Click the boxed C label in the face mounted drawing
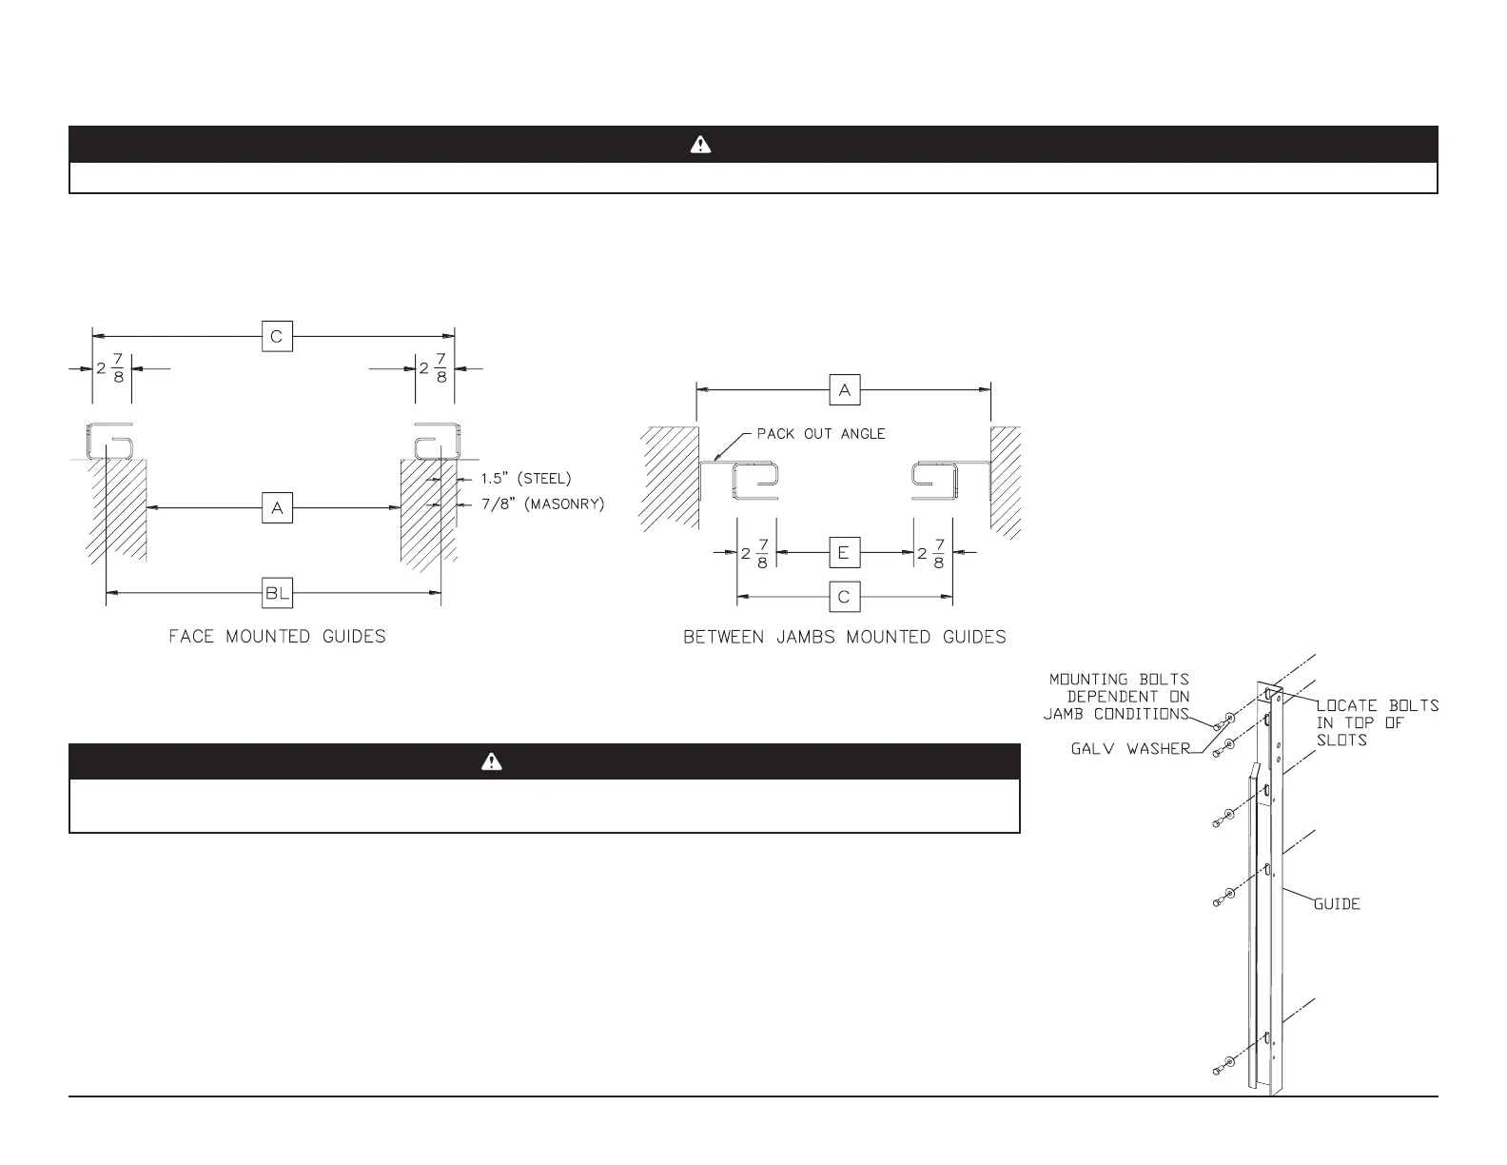[277, 336]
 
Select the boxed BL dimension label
[277, 594]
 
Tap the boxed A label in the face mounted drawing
[277, 508]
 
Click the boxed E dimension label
[844, 552]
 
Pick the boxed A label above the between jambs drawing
[844, 389]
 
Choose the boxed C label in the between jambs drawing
[844, 597]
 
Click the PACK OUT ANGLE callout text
[820, 434]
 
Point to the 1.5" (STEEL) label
[525, 479]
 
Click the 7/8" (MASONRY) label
[541, 504]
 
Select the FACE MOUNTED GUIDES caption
[277, 637]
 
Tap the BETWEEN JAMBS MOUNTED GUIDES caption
[844, 637]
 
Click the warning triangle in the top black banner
[700, 145]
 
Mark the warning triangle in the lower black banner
[491, 761]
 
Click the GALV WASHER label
[1130, 749]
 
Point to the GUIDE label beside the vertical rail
[1337, 903]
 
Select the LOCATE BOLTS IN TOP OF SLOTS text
[1376, 722]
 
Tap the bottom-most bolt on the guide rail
[1219, 1068]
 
